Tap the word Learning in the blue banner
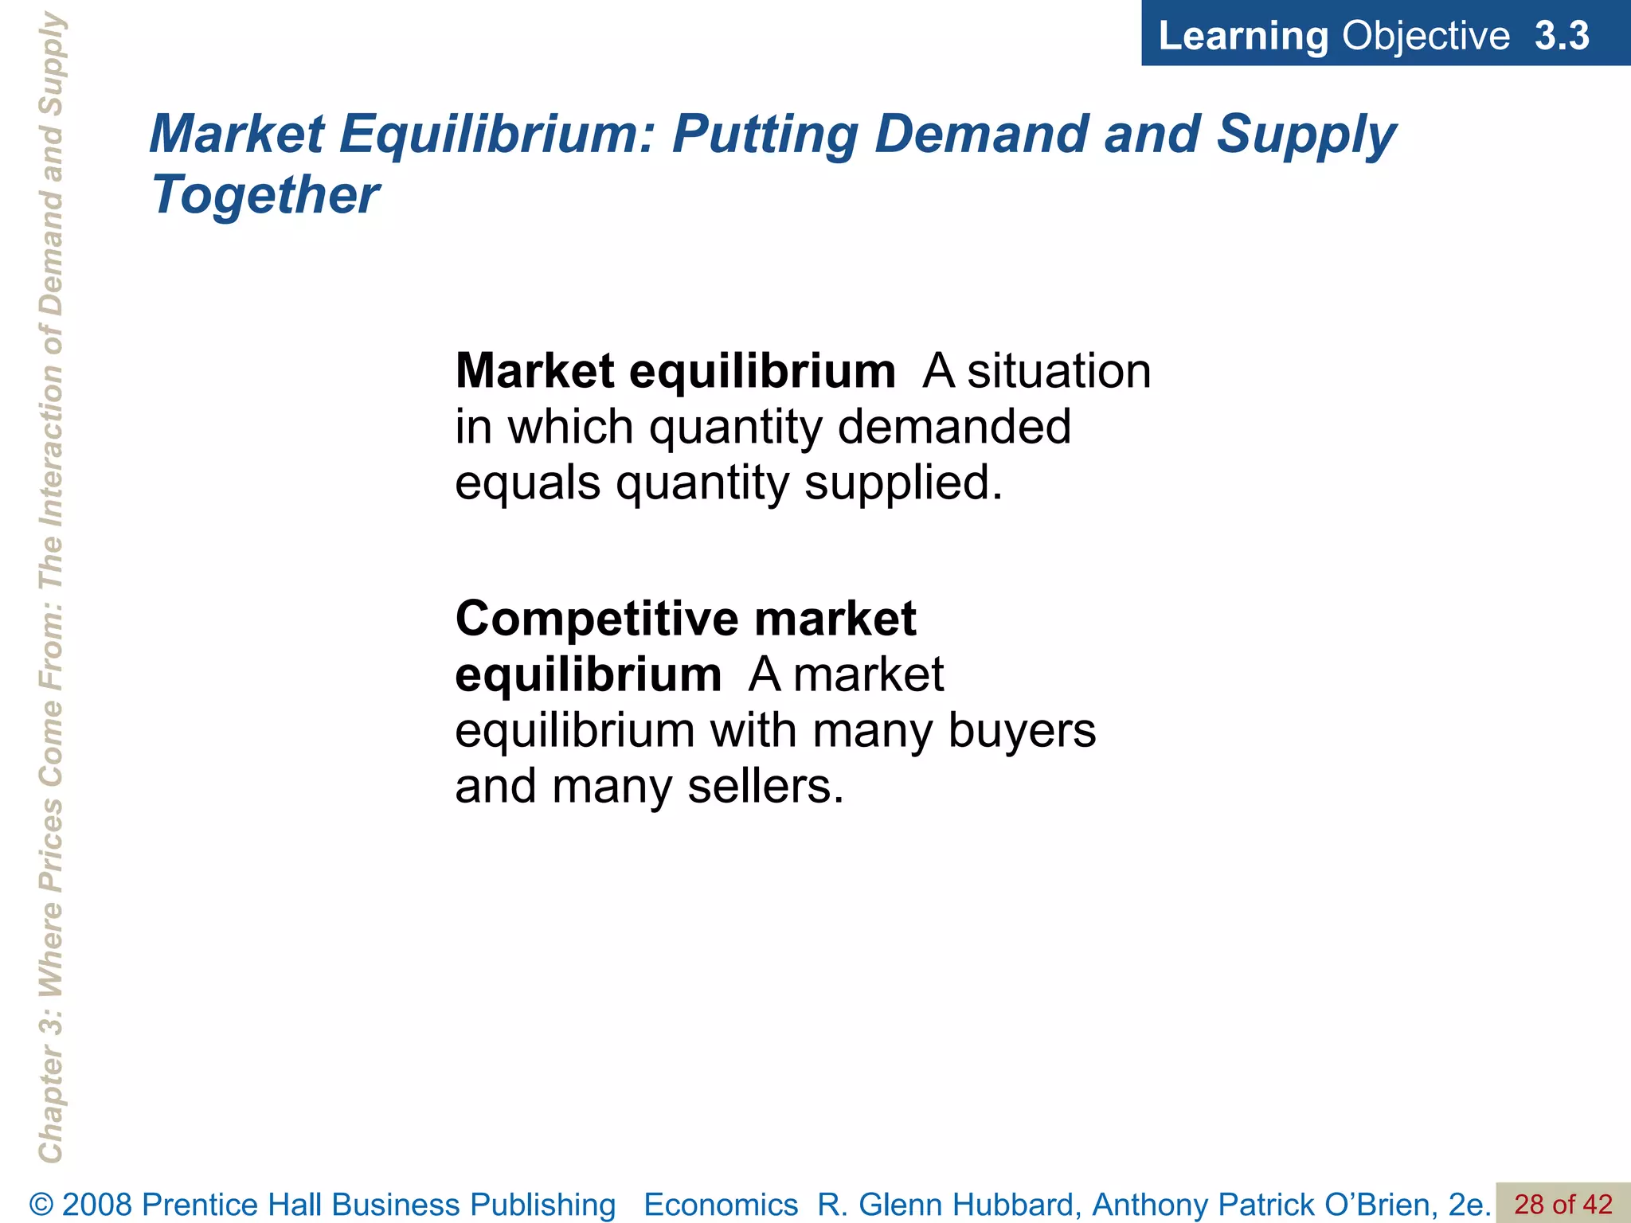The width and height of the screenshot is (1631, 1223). [x=1242, y=37]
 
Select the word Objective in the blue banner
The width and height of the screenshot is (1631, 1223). [x=1425, y=37]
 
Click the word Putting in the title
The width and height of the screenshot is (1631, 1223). [x=765, y=134]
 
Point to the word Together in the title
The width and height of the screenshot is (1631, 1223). [x=265, y=194]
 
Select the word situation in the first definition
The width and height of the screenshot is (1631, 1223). [x=1059, y=371]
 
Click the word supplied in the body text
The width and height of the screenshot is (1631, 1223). [x=903, y=483]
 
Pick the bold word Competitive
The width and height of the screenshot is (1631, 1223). [x=597, y=619]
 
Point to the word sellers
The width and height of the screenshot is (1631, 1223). [x=765, y=786]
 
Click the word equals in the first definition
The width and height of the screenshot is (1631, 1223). [x=527, y=483]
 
